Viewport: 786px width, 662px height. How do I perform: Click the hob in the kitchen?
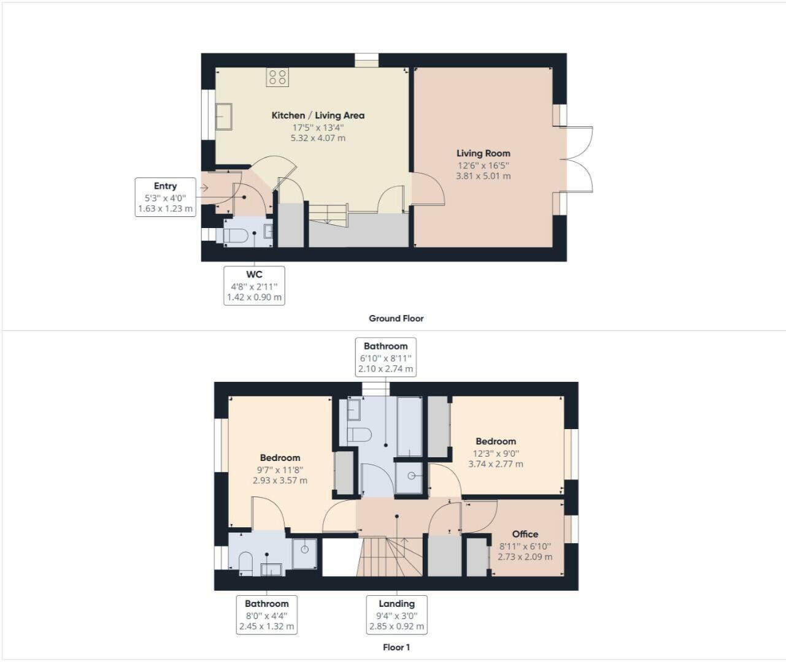277,77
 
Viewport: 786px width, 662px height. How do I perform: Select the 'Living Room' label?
483,153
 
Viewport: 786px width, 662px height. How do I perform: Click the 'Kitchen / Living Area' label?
318,115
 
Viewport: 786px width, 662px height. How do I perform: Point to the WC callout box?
254,286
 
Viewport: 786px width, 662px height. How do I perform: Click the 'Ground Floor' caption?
396,318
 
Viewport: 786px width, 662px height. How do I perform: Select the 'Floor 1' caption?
396,647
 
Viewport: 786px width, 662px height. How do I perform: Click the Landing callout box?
396,615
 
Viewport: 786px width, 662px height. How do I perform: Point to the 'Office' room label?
525,534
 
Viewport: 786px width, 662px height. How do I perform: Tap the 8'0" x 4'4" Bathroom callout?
266,615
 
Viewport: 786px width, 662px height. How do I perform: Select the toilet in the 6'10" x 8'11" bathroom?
360,435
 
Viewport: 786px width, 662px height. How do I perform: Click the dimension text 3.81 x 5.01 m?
483,176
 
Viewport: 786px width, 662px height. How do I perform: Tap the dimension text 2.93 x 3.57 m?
280,481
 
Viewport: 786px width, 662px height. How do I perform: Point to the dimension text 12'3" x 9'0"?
496,454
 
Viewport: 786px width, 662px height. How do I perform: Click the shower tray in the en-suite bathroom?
304,554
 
